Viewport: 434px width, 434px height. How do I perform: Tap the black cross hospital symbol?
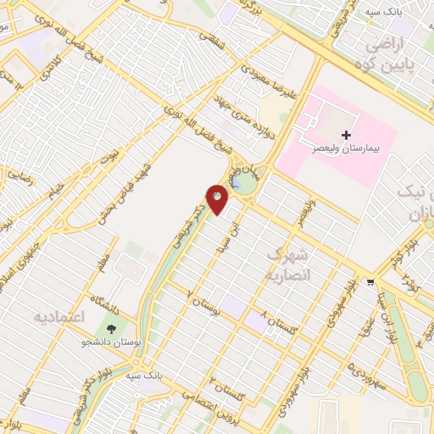(x=345, y=135)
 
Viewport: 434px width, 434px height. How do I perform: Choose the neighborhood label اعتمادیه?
(x=60, y=316)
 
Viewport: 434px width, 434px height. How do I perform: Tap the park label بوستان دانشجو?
(x=110, y=342)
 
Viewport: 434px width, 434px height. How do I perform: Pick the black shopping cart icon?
(x=370, y=282)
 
